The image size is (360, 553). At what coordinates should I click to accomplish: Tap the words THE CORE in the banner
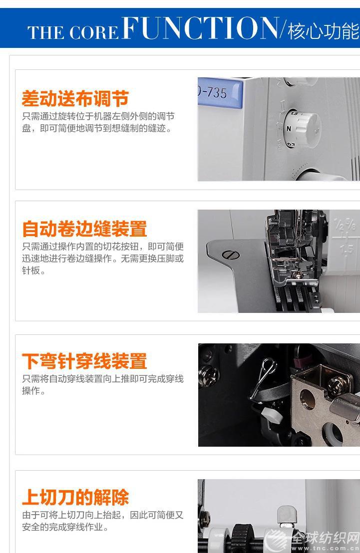[73, 32]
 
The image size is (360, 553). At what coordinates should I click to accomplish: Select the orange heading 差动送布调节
[75, 98]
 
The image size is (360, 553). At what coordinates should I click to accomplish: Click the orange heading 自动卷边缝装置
[84, 229]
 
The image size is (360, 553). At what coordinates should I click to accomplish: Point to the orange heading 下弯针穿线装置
[84, 361]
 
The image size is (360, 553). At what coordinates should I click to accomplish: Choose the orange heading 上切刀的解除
[75, 497]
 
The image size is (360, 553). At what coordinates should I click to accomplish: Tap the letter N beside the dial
[289, 129]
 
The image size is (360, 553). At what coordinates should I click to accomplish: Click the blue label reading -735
[220, 93]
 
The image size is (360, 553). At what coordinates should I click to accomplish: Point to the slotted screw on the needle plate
[231, 254]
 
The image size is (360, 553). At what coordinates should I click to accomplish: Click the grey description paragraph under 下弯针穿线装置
[103, 385]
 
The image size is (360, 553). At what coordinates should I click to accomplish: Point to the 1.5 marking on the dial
[295, 113]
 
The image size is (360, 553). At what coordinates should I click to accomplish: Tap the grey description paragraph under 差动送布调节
[98, 122]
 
